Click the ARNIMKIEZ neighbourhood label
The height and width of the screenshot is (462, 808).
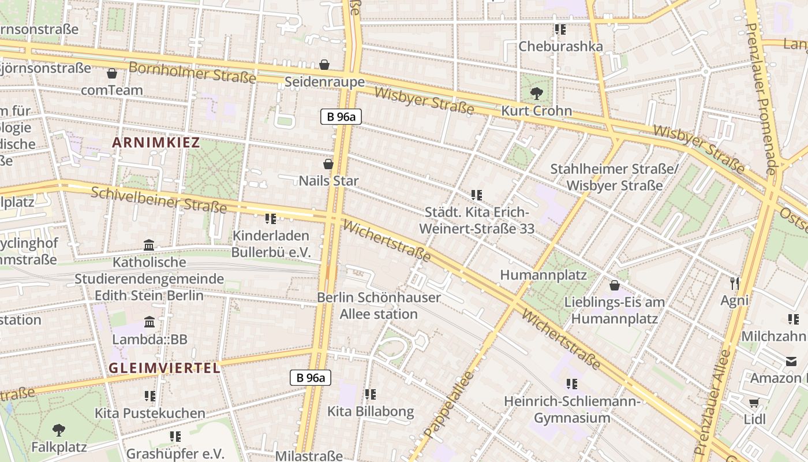pyautogui.click(x=156, y=143)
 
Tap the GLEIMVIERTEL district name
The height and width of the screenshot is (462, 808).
pyautogui.click(x=164, y=368)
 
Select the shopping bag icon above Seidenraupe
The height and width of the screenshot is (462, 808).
pyautogui.click(x=324, y=64)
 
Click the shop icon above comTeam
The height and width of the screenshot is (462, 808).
pyautogui.click(x=112, y=73)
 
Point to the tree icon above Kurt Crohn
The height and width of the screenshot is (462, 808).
pyautogui.click(x=536, y=93)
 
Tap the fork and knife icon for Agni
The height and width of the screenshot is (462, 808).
pyautogui.click(x=734, y=283)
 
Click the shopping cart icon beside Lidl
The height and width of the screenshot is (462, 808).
pyautogui.click(x=754, y=403)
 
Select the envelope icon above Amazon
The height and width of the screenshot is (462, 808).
pyautogui.click(x=790, y=361)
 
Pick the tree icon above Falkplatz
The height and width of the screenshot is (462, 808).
pyautogui.click(x=58, y=430)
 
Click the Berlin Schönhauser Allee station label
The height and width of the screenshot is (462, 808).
pyautogui.click(x=379, y=306)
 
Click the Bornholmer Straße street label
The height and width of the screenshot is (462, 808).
pyautogui.click(x=192, y=72)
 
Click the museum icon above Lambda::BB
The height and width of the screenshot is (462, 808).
pyautogui.click(x=149, y=322)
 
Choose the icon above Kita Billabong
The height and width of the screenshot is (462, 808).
pyautogui.click(x=370, y=394)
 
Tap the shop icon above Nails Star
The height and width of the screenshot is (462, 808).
pyautogui.click(x=328, y=164)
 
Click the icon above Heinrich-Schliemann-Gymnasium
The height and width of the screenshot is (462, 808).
pyautogui.click(x=572, y=383)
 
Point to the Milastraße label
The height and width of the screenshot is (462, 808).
pyautogui.click(x=309, y=456)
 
